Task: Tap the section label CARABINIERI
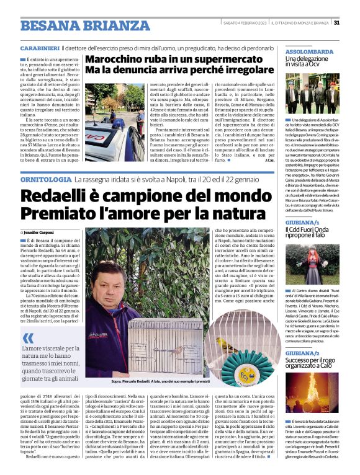coord(39,48)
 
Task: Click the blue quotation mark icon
coord(29,339)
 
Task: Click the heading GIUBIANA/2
coord(302,353)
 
